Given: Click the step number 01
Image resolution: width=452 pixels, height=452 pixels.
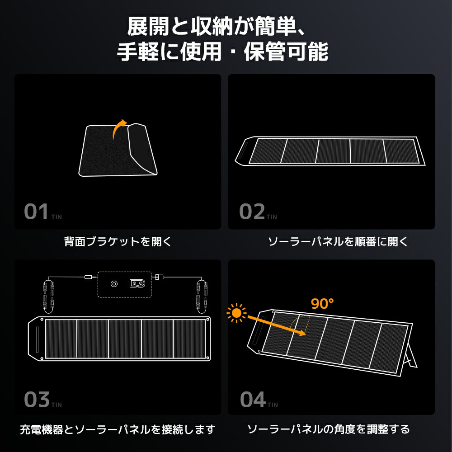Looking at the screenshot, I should point(36,212).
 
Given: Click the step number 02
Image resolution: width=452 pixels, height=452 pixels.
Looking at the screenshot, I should point(252,212).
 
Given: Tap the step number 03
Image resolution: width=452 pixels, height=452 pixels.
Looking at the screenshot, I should point(36,400).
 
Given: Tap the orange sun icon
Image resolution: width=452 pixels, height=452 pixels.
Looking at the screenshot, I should point(236,312).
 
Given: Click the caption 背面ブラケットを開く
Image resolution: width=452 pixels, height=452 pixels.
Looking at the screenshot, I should point(118,242).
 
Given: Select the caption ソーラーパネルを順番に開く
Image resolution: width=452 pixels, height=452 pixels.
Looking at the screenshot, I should point(338,242).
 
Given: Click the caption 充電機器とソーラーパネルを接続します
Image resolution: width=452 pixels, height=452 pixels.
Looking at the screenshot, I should point(118,428).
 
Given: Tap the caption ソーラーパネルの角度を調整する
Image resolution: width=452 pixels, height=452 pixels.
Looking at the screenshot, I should point(329,428).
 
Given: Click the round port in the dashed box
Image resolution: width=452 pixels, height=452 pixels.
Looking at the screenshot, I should point(114,284).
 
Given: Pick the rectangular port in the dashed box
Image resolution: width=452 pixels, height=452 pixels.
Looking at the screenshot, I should point(138,284).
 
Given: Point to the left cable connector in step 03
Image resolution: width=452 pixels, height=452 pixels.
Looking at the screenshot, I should point(47,295).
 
